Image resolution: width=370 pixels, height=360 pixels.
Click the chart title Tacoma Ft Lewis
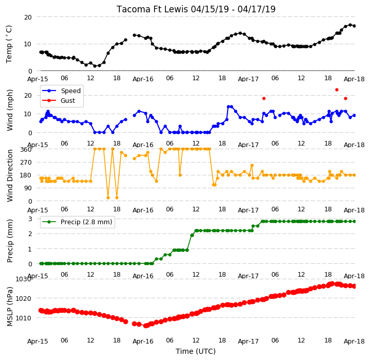pyautogui.click(x=152, y=9)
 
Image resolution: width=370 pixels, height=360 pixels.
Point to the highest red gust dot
pyautogui.click(x=337, y=90)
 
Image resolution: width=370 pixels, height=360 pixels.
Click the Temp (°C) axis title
pyautogui.click(x=9, y=44)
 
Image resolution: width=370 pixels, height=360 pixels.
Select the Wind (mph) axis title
pyautogui.click(x=10, y=110)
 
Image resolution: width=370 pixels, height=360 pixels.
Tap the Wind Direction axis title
pyautogui.click(x=10, y=175)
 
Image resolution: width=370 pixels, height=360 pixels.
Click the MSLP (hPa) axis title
pyautogui.click(x=10, y=307)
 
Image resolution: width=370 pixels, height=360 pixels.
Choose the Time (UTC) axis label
pyautogui.click(x=196, y=351)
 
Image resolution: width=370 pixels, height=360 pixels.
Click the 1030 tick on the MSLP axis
pyautogui.click(x=24, y=279)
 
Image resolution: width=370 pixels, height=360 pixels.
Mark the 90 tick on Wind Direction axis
pyautogui.click(x=29, y=188)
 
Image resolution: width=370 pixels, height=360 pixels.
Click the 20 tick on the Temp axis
pyautogui.click(x=28, y=17)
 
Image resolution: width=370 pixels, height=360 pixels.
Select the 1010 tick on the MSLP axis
pyautogui.click(x=24, y=318)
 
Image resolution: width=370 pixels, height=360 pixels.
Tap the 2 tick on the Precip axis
pyautogui.click(x=30, y=234)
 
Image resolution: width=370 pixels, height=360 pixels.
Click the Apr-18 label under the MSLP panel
pyautogui.click(x=354, y=341)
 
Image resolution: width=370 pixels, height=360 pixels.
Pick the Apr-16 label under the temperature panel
pyautogui.click(x=143, y=79)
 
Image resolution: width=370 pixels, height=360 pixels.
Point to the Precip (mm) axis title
pyautogui.click(x=10, y=241)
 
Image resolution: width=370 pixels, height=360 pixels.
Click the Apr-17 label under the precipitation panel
pyautogui.click(x=248, y=276)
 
